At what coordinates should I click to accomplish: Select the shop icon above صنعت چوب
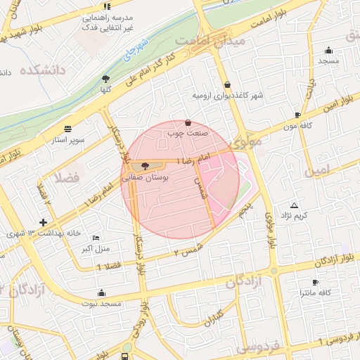pyautogui.click(x=188, y=122)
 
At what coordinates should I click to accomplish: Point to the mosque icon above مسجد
pyautogui.click(x=328, y=50)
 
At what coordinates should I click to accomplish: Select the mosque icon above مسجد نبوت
pyautogui.click(x=102, y=292)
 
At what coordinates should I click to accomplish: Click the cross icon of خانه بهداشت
pyautogui.click(x=44, y=222)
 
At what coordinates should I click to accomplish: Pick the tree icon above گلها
pyautogui.click(x=105, y=79)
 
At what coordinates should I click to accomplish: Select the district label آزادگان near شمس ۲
pyautogui.click(x=244, y=281)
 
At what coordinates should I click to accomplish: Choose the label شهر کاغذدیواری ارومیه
pyautogui.click(x=219, y=94)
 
